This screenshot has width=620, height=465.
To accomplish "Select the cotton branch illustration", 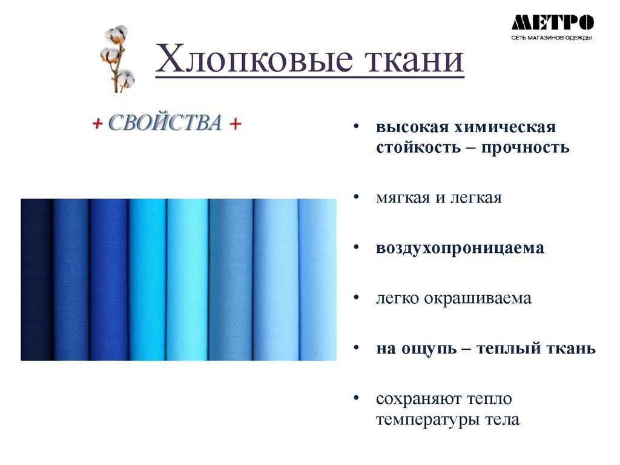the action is [117, 58].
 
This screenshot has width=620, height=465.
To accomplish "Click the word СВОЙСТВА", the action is [165, 122].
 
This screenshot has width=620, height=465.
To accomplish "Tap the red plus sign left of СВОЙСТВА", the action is [97, 124].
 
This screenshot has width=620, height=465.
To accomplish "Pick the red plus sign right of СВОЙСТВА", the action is [235, 124].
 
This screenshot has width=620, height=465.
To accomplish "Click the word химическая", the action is [505, 127].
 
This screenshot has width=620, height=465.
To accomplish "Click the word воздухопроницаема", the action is [460, 249].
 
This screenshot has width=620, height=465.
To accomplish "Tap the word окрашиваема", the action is [478, 298].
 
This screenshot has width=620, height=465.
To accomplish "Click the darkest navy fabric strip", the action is [37, 279].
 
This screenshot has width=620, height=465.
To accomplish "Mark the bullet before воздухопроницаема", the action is [356, 247].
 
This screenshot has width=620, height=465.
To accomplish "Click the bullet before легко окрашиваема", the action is [356, 297].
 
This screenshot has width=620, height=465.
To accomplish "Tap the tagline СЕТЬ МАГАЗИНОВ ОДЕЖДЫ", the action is [551, 38].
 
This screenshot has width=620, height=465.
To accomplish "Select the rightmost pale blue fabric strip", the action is [317, 279].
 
